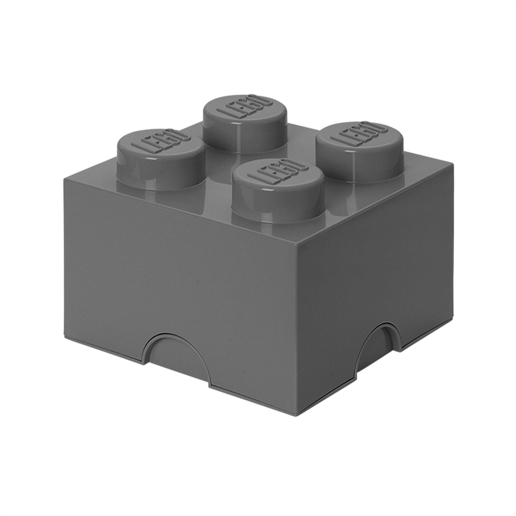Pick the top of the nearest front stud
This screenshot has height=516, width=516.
[x=278, y=175]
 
